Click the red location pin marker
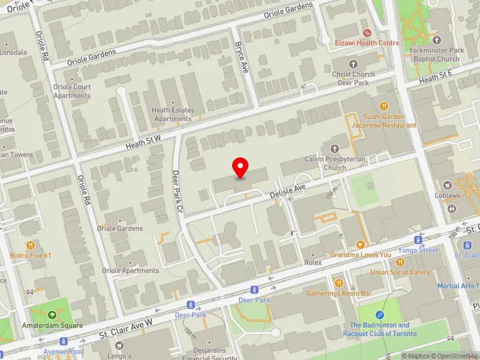tap(241, 167)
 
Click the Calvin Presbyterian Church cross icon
tap(334, 148)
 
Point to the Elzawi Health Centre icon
tap(366, 32)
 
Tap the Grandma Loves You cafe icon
tap(360, 244)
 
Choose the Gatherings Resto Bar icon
tap(339, 283)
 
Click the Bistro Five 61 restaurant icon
tap(30, 245)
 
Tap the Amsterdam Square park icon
tap(52, 314)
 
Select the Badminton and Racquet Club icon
tap(380, 315)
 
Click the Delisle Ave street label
tap(289, 191)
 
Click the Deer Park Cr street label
tap(176, 191)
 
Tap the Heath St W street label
tap(144, 142)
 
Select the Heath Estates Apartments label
tap(173, 114)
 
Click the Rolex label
tap(313, 262)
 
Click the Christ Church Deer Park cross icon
tap(353, 64)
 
